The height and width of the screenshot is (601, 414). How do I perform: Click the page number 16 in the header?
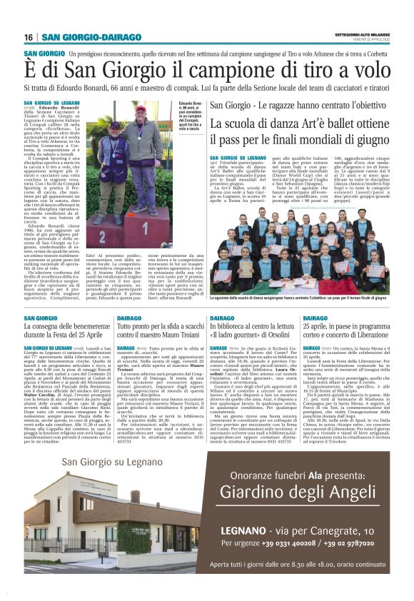point(29,37)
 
